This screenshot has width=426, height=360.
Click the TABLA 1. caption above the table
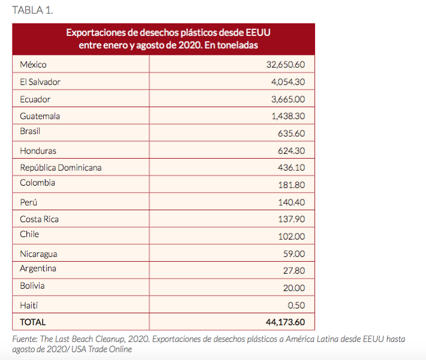(32, 10)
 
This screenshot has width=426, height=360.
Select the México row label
(33, 65)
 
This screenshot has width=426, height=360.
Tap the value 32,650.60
(286, 65)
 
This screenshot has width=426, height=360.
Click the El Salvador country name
(40, 82)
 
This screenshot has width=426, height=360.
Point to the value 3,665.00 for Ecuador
(288, 99)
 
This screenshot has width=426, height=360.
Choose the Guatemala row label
(40, 116)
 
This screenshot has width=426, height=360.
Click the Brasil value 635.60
(291, 134)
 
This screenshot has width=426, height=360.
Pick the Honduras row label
(38, 151)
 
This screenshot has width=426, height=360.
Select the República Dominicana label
(61, 168)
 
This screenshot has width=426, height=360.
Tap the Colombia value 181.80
(292, 185)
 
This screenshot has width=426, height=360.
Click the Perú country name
(29, 202)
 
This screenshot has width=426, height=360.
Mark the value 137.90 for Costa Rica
(292, 219)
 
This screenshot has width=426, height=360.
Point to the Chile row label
(29, 234)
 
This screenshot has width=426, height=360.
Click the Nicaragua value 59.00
(294, 254)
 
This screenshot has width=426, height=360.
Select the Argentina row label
(38, 269)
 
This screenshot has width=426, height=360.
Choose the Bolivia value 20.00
(294, 288)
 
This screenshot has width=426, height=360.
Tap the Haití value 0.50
(297, 305)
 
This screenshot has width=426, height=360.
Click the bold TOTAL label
(33, 322)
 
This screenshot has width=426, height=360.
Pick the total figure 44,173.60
(285, 322)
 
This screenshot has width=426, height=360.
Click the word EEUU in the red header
(258, 32)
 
